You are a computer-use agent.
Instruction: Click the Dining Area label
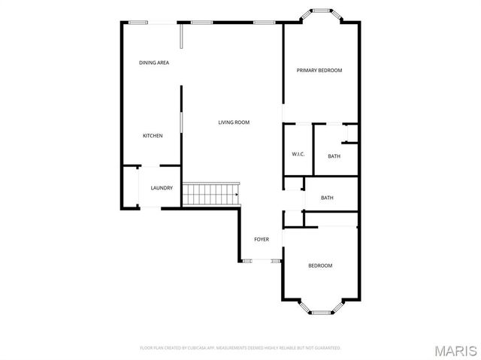153,62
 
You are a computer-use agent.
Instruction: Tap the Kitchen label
153,136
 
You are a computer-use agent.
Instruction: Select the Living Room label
234,123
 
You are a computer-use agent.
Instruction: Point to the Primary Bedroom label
319,71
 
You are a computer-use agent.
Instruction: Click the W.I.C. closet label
298,155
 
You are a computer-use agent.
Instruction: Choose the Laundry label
162,188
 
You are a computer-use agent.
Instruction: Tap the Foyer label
262,239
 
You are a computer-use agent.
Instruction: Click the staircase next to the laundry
210,194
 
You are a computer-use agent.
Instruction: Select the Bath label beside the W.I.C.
334,156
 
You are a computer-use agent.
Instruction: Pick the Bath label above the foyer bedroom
327,198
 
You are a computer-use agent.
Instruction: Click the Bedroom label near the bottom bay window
320,265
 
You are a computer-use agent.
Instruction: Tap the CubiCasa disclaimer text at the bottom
240,348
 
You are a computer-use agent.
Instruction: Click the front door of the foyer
261,261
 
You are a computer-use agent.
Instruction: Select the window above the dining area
138,23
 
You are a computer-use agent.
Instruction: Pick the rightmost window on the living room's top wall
263,23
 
